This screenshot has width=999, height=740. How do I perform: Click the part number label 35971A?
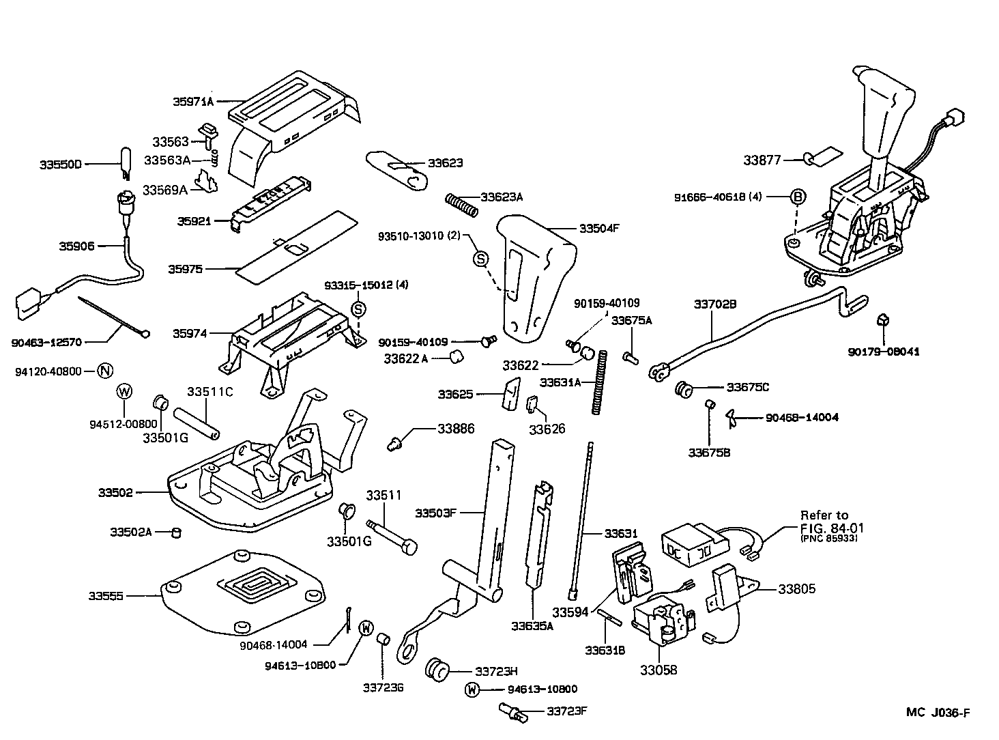(x=193, y=102)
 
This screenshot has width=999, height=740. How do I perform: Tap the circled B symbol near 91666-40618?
(x=798, y=197)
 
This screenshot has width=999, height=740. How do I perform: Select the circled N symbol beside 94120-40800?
(x=104, y=371)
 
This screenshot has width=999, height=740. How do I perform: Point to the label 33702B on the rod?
(x=715, y=304)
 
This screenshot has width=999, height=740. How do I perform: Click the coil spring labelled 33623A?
(x=462, y=202)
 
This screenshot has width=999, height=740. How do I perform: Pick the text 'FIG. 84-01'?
(x=831, y=528)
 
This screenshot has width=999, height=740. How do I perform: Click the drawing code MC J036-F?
(x=938, y=713)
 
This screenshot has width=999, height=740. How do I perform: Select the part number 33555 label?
(x=106, y=596)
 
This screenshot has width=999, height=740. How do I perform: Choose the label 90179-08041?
(x=884, y=352)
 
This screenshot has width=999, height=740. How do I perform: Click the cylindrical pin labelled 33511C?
(x=196, y=423)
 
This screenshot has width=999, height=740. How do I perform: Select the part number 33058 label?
(x=658, y=670)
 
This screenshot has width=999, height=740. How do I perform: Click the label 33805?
(x=796, y=588)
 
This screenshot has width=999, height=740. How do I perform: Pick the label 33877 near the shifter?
(x=762, y=160)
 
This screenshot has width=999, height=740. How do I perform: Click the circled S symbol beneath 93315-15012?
(x=358, y=309)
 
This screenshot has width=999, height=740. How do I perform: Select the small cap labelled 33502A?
(x=175, y=532)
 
